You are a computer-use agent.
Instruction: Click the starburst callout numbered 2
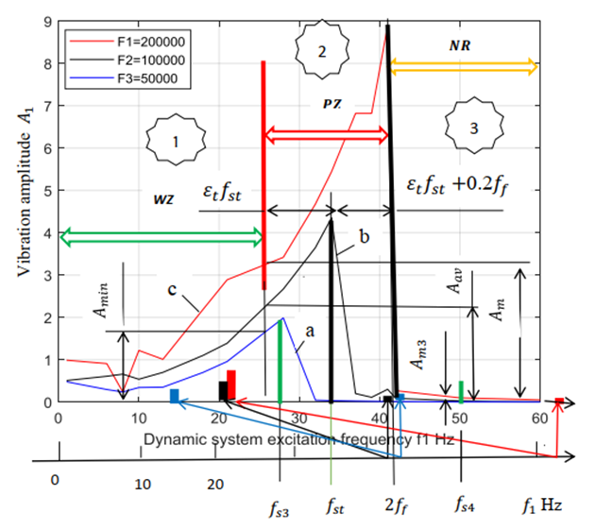321,53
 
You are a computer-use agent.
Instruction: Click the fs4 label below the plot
463,508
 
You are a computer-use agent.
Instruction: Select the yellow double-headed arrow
463,66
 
